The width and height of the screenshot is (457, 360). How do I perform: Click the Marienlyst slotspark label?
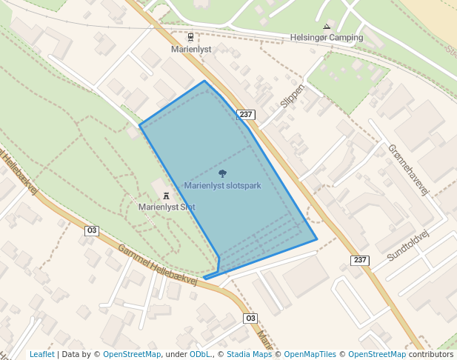(222, 185)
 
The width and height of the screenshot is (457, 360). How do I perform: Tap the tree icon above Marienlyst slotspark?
(222, 173)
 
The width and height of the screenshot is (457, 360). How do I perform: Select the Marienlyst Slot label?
(167, 207)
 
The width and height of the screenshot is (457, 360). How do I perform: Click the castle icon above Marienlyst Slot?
(166, 196)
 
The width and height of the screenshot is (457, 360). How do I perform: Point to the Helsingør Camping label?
(327, 37)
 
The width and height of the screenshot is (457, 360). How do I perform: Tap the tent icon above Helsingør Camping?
(326, 27)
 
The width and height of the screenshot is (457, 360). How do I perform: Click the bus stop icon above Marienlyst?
(191, 37)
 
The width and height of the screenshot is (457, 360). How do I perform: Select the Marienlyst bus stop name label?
(191, 49)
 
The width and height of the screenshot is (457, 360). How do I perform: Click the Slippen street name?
(293, 95)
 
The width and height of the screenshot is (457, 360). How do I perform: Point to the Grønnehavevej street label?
(408, 169)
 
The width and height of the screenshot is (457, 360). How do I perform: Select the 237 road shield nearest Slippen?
(246, 115)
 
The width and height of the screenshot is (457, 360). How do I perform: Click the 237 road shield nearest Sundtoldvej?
(359, 260)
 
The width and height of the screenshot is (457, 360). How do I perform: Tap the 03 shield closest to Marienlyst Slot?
(92, 230)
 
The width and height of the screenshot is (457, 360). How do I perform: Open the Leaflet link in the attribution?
(42, 354)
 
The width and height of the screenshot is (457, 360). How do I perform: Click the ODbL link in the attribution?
(200, 354)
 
